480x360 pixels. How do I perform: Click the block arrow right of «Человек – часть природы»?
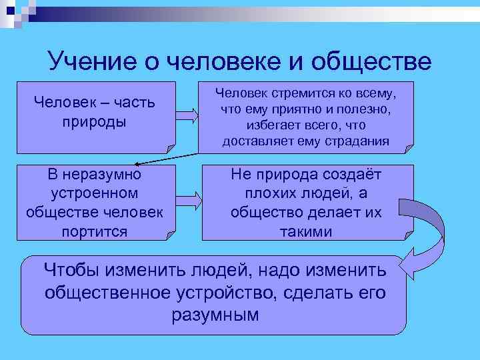(x=188, y=115)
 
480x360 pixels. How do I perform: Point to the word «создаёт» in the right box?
(x=350, y=175)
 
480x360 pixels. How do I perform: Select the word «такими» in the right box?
(x=307, y=231)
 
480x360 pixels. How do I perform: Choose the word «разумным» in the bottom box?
(x=215, y=314)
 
